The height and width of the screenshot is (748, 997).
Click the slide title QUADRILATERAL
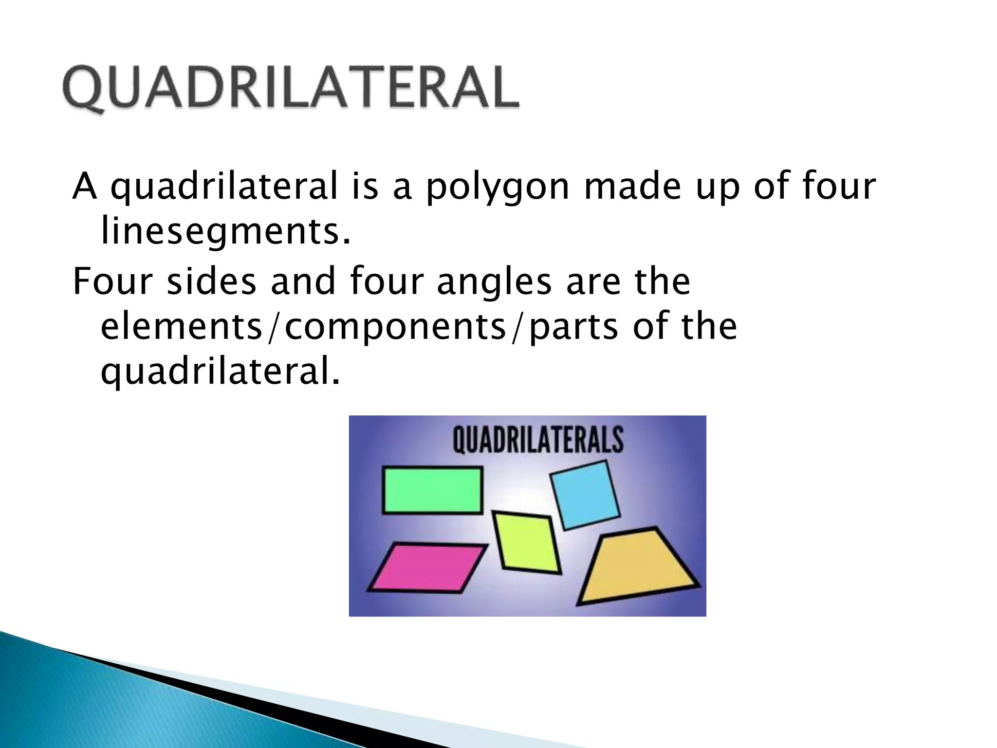[291, 88]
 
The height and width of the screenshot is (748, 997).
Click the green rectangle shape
[432, 490]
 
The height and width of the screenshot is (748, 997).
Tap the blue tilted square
[585, 495]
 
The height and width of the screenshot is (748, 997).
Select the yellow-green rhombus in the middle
[526, 542]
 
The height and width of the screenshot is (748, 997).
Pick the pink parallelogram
[427, 568]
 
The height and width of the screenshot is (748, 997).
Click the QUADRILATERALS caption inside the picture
[537, 439]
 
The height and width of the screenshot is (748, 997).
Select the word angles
[494, 282]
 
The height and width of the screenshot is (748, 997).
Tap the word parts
[573, 327]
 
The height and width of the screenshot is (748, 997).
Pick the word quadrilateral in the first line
[224, 187]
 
